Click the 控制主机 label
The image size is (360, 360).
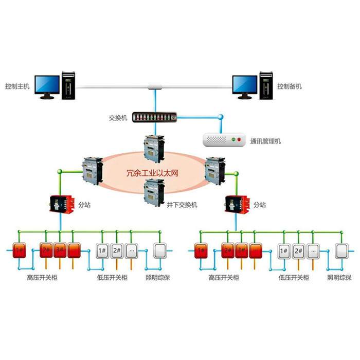pyautogui.click(x=17, y=86)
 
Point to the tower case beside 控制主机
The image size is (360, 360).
pyautogui.click(x=69, y=85)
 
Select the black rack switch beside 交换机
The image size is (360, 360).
pyautogui.click(x=154, y=117)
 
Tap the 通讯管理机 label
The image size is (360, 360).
pyautogui.click(x=265, y=140)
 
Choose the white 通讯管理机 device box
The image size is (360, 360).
pyautogui.click(x=224, y=139)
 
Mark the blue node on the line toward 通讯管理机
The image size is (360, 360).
pyautogui.click(x=221, y=117)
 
